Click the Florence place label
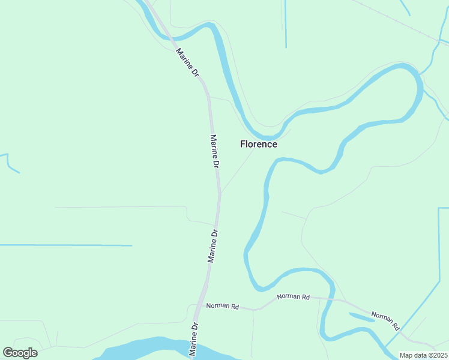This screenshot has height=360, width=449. point(259,144)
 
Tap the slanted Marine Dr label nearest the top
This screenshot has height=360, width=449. point(187,62)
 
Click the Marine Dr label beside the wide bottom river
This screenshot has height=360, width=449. point(194,340)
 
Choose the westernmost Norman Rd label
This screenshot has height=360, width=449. point(223,306)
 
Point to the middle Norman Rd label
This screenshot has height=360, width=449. point(294,296)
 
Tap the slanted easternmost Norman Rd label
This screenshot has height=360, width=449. point(385,322)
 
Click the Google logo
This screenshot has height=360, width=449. point(20,353)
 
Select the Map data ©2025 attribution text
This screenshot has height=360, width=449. point(423,355)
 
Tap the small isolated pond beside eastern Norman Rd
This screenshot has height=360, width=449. point(361,317)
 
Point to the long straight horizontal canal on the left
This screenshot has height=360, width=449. point(66,245)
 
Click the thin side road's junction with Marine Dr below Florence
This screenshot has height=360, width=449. point(220,193)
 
